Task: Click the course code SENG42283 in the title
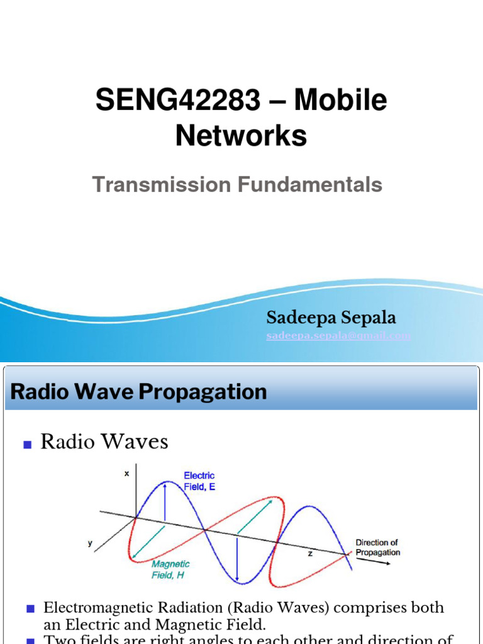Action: pos(178,101)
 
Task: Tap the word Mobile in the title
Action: pos(341,101)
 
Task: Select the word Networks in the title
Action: pos(241,135)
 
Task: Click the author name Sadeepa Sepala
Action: pos(331,318)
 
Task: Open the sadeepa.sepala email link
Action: pos(338,336)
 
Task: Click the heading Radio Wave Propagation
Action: pos(139,392)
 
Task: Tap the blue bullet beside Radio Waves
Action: pos(27,445)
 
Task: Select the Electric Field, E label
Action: pos(199,481)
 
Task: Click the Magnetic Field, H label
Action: pos(170,569)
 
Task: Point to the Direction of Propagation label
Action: pos(377,547)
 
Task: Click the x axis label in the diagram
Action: pos(126,474)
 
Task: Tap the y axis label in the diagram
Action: pos(90,543)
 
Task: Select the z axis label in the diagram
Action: pos(310,553)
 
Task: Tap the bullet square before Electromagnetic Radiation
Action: pos(30,609)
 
